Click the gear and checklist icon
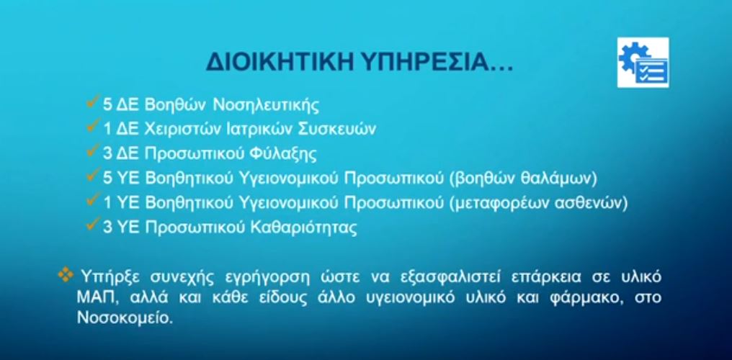(643, 63)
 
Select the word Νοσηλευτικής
(266, 105)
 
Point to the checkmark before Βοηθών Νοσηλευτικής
(93, 102)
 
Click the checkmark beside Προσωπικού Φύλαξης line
(93, 150)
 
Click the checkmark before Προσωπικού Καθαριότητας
(93, 225)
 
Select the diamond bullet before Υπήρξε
(66, 276)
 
